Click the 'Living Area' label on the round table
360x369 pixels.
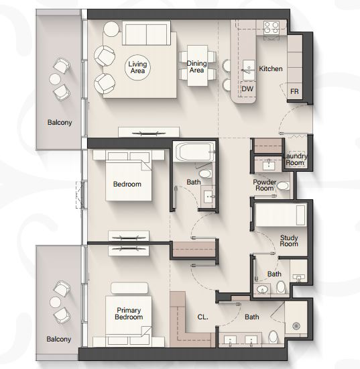pos(137,67)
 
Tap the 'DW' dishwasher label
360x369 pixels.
pos(247,89)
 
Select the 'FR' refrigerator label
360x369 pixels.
pos(294,91)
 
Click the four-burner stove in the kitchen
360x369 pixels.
pos(272,28)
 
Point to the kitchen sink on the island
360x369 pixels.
pos(249,70)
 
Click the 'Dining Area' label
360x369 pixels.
pos(196,66)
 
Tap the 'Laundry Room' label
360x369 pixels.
pos(295,159)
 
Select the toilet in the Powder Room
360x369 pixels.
pos(283,186)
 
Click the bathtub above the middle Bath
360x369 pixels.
pos(194,152)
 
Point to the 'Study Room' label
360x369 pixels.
pos(289,240)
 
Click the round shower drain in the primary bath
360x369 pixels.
pos(296,326)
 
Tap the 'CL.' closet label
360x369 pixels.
pos(202,317)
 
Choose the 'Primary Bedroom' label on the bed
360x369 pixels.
pos(129,313)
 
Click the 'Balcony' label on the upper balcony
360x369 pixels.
pos(60,122)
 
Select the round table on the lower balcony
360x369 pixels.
pos(56,302)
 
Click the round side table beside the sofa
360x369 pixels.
pos(111,29)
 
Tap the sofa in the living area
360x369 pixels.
pos(147,33)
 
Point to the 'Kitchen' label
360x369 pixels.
pos(271,68)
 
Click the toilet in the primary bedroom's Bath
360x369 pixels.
pos(274,337)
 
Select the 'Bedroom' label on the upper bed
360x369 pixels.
pos(127,184)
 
